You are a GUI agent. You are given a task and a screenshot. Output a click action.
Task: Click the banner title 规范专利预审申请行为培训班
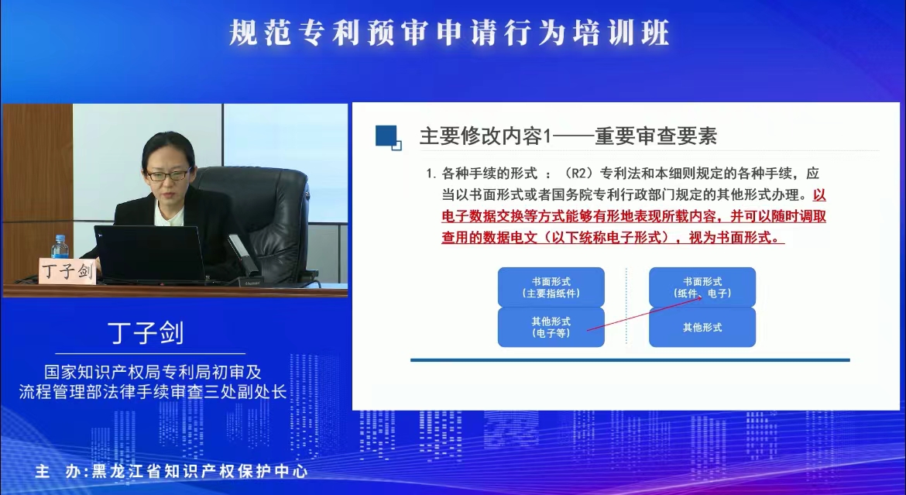coord(449,33)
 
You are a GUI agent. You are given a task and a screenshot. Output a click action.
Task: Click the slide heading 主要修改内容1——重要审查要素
coord(568,136)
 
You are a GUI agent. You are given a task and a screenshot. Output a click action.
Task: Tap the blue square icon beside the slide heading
coord(388,138)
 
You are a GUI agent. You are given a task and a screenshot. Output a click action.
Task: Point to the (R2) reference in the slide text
coord(579,173)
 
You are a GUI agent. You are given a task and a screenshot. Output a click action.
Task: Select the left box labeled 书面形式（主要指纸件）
coord(551,287)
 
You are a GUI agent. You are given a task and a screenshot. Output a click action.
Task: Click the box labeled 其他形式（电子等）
coord(551,328)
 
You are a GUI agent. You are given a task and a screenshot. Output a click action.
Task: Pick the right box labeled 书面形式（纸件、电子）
coord(702,287)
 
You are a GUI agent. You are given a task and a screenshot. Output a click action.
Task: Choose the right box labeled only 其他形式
coord(702,328)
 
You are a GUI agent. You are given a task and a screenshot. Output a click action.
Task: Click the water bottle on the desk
coord(60,248)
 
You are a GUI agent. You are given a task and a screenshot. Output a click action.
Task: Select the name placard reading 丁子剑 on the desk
coord(67,270)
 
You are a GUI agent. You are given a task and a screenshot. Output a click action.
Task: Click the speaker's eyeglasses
coord(167,174)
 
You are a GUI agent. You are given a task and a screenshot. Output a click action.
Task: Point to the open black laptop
coord(150,253)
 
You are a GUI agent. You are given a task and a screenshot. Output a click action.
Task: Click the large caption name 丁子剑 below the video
coord(146,333)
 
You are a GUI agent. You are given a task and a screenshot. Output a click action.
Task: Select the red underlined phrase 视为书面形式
coord(733,237)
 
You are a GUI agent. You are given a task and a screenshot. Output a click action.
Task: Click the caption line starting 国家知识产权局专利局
coord(153,371)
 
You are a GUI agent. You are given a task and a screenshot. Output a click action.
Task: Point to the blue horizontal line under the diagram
coord(630,359)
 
